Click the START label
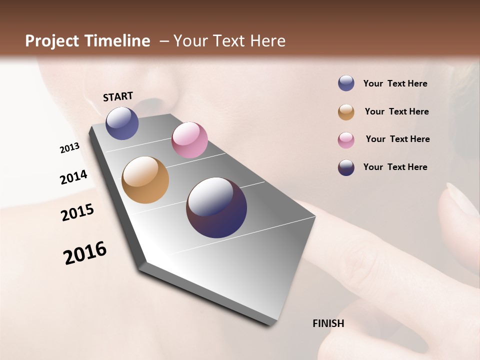(x=118, y=96)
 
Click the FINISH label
(x=328, y=323)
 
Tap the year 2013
(x=69, y=148)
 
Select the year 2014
(x=73, y=177)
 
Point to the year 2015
(x=77, y=212)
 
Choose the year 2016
(x=85, y=253)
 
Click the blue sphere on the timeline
(x=122, y=123)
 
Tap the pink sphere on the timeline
(x=189, y=140)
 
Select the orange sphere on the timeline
(x=145, y=180)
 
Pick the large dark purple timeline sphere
(x=216, y=207)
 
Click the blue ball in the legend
(x=346, y=83)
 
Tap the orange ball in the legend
(x=346, y=112)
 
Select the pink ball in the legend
(x=346, y=140)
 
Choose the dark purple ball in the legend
(x=346, y=167)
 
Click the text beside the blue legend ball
(x=395, y=83)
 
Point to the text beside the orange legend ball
(x=396, y=111)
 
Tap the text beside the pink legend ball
(x=397, y=139)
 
